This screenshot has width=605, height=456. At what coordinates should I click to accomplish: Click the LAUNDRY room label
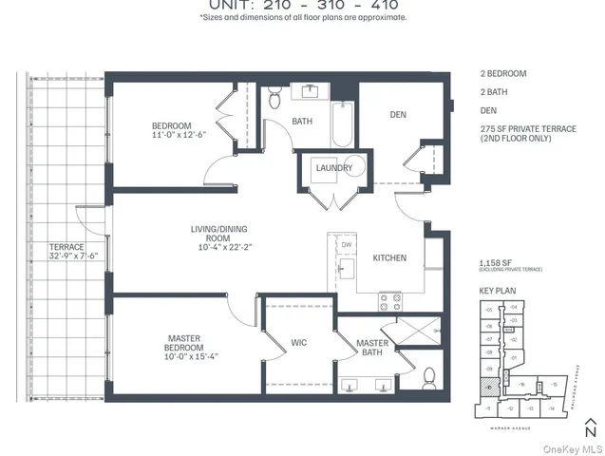tap(334, 168)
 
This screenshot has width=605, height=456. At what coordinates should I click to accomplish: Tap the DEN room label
tap(398, 115)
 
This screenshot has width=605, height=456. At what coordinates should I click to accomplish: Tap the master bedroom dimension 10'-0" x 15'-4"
tap(172, 356)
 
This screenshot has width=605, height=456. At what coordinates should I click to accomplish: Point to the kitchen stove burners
tap(390, 302)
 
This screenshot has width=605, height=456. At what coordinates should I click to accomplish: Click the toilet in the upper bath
tap(274, 95)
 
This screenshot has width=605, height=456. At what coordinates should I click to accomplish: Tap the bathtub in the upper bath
tap(341, 123)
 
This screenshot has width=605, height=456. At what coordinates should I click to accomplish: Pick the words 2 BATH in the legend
tap(497, 91)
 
